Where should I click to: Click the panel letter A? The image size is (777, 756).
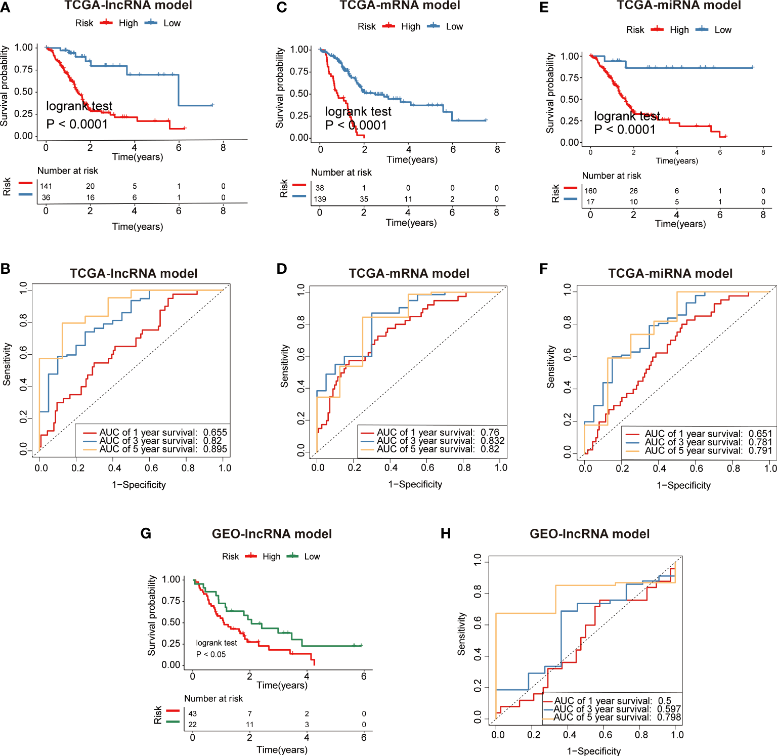point(5,8)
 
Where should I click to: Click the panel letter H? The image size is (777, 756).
point(446,534)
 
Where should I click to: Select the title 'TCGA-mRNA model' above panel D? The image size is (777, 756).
point(409,274)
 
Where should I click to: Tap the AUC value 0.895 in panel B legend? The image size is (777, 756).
point(215,449)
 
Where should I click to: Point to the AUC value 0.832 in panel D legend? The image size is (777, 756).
point(492,441)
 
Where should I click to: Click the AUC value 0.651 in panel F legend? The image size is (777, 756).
point(760,434)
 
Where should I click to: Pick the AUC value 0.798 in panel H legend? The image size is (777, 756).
point(669,717)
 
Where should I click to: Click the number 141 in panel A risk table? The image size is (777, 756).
point(46,186)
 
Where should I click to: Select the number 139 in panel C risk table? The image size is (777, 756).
point(320,199)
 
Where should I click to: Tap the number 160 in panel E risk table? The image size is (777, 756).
point(590,191)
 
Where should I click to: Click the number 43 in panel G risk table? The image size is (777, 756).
point(193,713)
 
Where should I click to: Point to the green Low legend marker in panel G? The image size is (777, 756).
point(292,556)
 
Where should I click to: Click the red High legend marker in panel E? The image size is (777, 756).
point(657,29)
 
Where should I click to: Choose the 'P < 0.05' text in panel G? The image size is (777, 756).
point(211,654)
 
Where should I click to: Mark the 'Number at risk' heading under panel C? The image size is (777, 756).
point(341,173)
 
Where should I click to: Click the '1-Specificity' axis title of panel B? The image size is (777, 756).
point(139,485)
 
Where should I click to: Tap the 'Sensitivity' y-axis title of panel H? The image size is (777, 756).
point(461,634)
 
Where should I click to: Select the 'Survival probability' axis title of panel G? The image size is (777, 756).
point(151,615)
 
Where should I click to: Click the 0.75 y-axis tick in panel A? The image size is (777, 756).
point(23,69)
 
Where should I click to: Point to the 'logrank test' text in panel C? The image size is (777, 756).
point(358,112)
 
